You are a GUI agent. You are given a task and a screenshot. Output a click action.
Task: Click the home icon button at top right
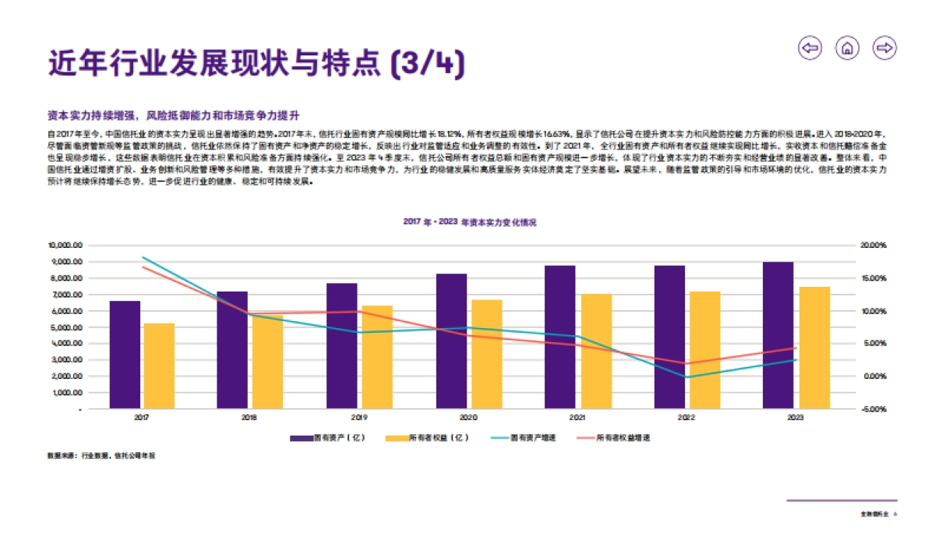click(847, 48)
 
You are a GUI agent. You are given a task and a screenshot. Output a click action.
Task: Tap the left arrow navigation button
click(810, 48)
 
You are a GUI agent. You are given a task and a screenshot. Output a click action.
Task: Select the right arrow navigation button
click(884, 48)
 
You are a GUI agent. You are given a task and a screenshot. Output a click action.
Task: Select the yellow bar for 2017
click(159, 366)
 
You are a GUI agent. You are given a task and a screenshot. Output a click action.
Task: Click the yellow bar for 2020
click(487, 354)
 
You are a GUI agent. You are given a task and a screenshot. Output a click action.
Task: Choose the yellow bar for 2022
click(705, 350)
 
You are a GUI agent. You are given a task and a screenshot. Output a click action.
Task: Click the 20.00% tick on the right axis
click(873, 246)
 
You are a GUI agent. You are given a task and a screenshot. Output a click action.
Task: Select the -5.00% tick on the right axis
click(873, 409)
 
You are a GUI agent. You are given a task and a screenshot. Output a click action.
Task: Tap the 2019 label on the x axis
click(356, 419)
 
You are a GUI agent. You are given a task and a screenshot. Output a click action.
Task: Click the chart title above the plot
click(469, 222)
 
